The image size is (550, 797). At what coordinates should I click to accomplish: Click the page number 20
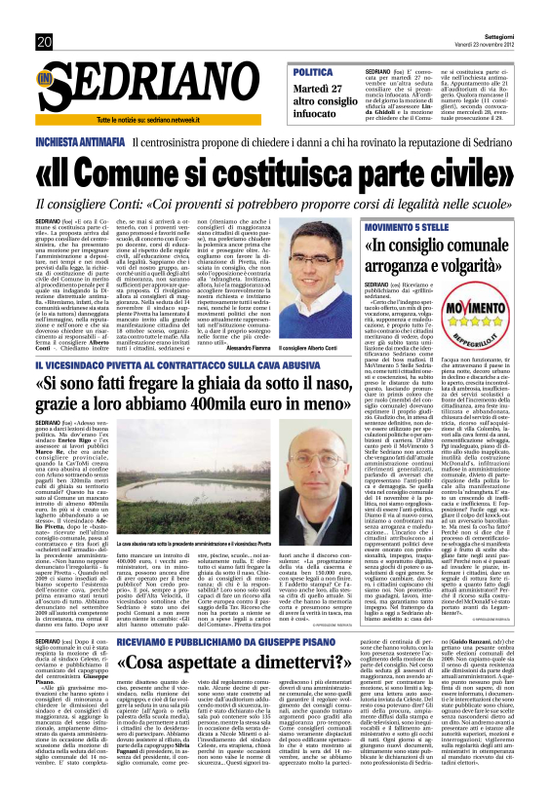coord(44,41)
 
